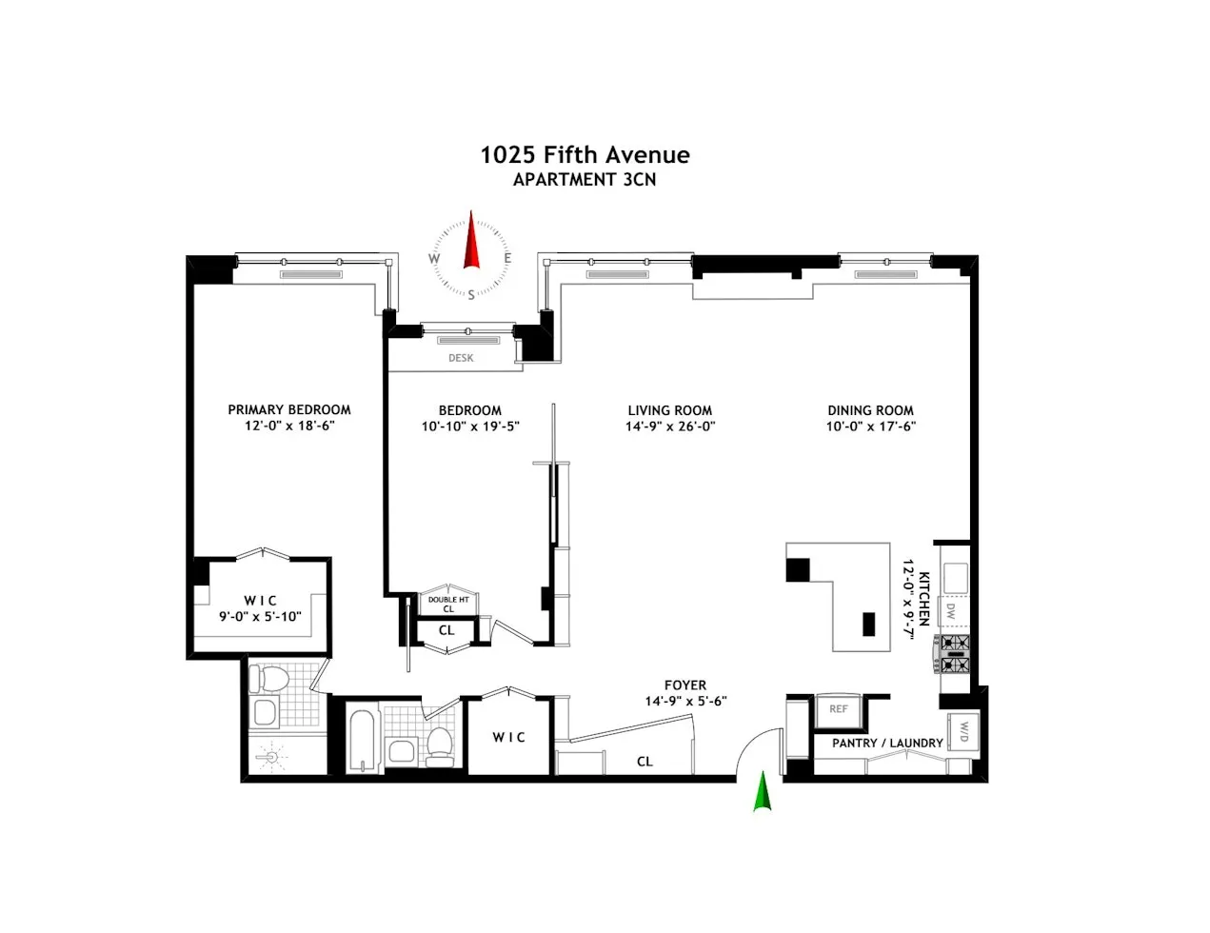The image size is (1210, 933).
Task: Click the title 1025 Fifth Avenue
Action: click(585, 154)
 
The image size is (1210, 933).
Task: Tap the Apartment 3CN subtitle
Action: click(585, 179)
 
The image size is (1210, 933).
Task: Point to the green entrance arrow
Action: click(762, 792)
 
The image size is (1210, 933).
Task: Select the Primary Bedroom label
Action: click(289, 409)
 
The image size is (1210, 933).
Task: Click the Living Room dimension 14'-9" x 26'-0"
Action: click(670, 427)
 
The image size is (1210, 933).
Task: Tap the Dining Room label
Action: click(870, 410)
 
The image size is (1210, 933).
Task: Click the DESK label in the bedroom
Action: click(461, 358)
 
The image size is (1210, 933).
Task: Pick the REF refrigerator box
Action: click(838, 709)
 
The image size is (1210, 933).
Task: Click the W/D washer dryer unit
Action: click(962, 730)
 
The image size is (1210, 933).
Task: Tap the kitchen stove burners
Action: click(955, 653)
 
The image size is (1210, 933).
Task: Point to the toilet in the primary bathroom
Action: click(269, 680)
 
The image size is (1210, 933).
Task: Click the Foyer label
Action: click(685, 685)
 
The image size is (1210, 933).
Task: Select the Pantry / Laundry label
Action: click(887, 743)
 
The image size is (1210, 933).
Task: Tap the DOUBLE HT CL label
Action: click(447, 604)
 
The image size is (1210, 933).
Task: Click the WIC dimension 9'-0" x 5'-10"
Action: click(260, 616)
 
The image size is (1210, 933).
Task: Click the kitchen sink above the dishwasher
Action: click(955, 577)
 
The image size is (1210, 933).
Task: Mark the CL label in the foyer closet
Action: click(645, 761)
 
